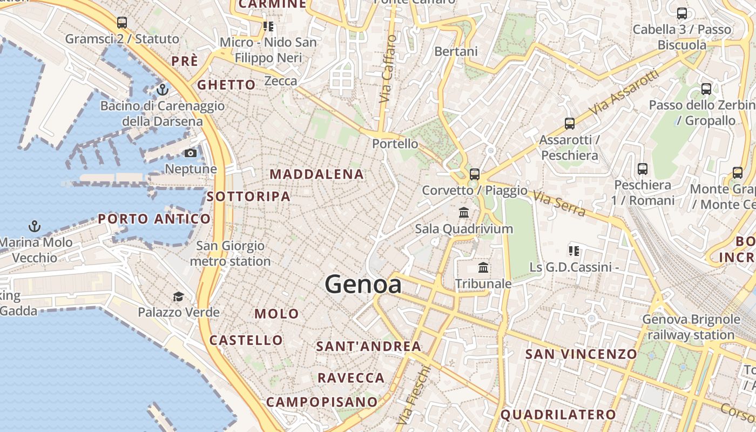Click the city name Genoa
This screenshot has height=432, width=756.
tap(363, 285)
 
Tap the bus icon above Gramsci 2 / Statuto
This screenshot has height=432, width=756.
tap(122, 23)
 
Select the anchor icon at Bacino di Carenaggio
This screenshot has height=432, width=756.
tap(162, 90)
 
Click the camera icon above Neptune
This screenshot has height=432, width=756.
tap(190, 153)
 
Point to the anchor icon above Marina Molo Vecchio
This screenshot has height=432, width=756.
tap(35, 226)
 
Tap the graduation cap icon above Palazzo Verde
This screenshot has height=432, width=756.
tap(178, 296)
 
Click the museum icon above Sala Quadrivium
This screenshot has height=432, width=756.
tap(464, 213)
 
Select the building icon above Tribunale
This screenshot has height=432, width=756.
tap(483, 268)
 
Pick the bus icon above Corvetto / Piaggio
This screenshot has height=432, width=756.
tap(475, 174)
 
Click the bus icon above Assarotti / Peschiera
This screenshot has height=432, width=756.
tap(569, 124)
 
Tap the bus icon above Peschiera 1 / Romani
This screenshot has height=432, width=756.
tap(643, 169)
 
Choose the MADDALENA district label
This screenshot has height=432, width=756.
tap(317, 174)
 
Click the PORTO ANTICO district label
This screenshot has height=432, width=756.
tap(154, 219)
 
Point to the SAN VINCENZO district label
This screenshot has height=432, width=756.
tap(581, 354)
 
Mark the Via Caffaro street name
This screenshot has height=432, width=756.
tap(388, 69)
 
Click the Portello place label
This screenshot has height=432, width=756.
tap(395, 144)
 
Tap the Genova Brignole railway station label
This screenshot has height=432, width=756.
tap(691, 327)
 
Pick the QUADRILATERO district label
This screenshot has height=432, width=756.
tap(558, 415)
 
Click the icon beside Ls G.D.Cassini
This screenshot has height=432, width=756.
tap(573, 251)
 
